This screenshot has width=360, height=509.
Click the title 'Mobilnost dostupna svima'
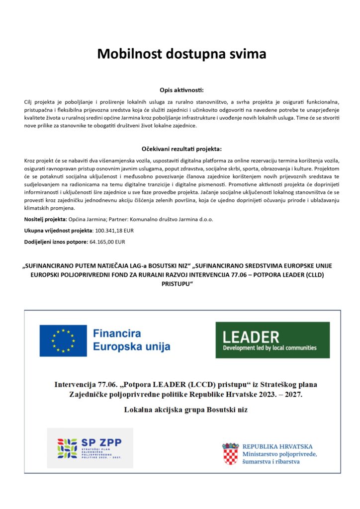tap(181, 54)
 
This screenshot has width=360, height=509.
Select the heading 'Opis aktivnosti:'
tap(181, 90)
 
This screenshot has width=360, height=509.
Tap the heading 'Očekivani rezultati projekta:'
tap(181, 149)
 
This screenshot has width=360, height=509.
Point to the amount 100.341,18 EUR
tap(114, 231)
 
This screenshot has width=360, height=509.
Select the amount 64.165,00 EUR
tap(107, 242)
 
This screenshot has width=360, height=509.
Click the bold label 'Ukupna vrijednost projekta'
tap(58, 231)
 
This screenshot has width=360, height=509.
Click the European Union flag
tap(63, 340)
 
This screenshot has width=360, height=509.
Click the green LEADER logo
tap(272, 340)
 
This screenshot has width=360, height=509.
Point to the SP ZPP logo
tap(90, 448)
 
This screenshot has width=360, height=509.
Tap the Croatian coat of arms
tap(230, 453)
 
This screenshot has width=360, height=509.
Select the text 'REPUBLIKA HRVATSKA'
tap(277, 446)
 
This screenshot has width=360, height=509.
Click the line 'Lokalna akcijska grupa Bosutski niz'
tap(185, 410)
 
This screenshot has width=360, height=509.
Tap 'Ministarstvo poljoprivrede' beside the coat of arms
tap(279, 454)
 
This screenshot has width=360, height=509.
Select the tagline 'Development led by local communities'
tap(270, 348)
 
